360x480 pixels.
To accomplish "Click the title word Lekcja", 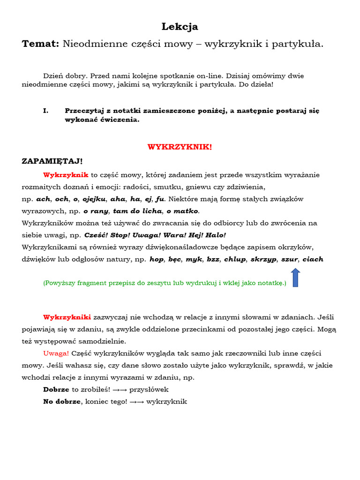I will tap(180, 27).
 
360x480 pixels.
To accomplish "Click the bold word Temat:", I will tap(40, 44).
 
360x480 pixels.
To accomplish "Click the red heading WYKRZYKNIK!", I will tap(180, 147).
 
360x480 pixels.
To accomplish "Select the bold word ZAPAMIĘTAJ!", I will tap(52, 161).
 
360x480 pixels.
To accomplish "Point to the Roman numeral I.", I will tap(45, 111).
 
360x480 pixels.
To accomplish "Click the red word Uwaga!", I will tap(56, 353).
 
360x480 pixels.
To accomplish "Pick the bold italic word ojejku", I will tap(95, 199).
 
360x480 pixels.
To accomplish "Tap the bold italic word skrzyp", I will tap(263, 259).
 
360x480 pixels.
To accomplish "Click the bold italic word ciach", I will tap(313, 259).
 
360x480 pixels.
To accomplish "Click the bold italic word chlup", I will tap(235, 259).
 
